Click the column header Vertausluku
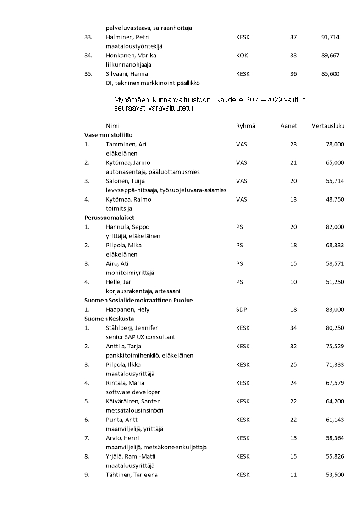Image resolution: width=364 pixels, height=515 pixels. click(x=328, y=126)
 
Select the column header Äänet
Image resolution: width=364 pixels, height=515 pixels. click(x=289, y=126)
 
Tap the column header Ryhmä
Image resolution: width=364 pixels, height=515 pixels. click(x=245, y=126)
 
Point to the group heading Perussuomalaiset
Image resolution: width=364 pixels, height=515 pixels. click(x=109, y=218)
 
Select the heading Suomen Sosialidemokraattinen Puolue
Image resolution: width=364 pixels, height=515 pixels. click(x=138, y=300)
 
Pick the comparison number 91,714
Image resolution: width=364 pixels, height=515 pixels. click(x=331, y=37)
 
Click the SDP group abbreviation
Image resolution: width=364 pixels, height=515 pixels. click(x=241, y=309)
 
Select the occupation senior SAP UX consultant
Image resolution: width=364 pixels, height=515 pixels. click(x=140, y=337)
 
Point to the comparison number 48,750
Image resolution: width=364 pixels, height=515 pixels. click(x=335, y=199)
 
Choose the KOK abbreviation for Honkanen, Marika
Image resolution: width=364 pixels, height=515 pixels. click(x=242, y=56)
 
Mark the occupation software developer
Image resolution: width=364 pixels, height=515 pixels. click(x=133, y=392)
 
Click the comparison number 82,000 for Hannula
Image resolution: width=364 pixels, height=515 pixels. click(x=335, y=227)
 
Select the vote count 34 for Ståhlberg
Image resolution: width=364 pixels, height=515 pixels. click(x=293, y=328)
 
